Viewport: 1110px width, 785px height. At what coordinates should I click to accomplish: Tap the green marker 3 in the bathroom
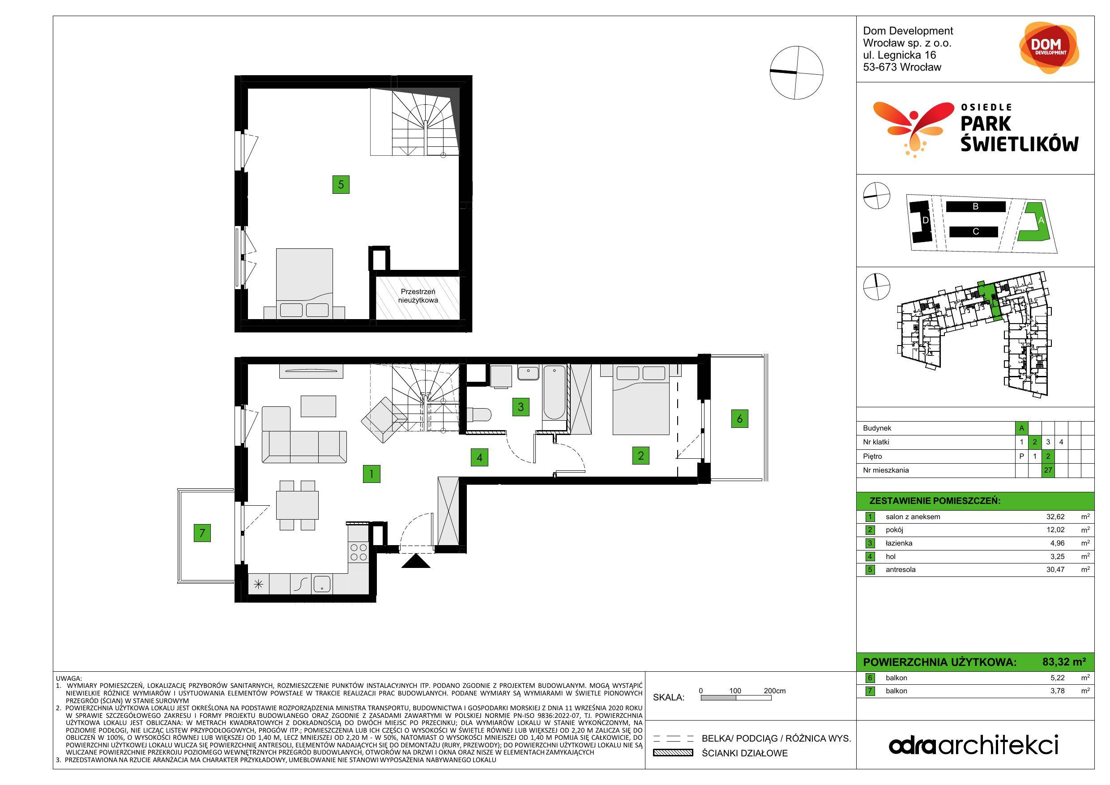[521, 406]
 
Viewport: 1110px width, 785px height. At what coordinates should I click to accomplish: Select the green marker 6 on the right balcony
[740, 418]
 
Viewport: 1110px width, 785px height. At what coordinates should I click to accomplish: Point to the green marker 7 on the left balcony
[202, 533]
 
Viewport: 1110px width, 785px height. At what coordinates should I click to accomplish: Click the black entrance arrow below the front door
[416, 561]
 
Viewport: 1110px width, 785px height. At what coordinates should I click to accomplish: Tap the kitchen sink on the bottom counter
[321, 584]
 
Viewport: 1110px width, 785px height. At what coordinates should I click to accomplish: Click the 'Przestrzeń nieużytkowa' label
[418, 296]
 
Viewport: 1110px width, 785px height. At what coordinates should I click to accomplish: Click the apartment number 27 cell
[1048, 470]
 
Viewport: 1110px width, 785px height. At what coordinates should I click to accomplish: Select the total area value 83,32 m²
[1064, 662]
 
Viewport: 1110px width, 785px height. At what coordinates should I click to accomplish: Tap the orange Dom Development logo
[1049, 47]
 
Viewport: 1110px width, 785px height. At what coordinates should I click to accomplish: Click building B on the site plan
[976, 206]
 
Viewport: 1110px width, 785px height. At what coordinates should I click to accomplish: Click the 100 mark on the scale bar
[735, 691]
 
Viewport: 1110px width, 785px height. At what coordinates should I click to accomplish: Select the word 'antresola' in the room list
[901, 569]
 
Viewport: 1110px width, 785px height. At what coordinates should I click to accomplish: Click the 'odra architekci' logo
[973, 745]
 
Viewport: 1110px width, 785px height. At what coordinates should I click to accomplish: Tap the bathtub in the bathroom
[554, 393]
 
